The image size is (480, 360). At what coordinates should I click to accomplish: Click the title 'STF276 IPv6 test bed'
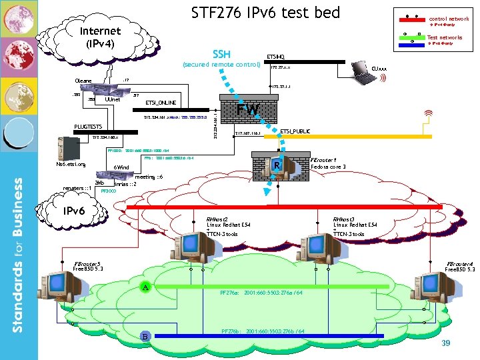point(265,13)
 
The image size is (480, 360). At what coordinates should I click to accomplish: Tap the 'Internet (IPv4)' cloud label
point(100,37)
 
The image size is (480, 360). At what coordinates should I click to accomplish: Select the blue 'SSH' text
point(221,54)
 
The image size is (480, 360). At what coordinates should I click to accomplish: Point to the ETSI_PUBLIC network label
point(295,132)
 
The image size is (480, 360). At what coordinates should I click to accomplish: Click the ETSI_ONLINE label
point(161,103)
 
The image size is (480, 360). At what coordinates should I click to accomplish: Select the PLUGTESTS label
point(88,126)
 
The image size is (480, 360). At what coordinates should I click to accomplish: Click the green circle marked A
point(145,287)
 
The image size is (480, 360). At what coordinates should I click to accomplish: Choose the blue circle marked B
point(145,337)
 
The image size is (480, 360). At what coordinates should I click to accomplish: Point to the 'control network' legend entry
point(448,19)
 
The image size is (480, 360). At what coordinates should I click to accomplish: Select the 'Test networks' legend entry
point(444,38)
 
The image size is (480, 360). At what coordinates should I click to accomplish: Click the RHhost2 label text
point(217,219)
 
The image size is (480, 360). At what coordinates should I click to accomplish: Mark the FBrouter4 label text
point(460,264)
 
